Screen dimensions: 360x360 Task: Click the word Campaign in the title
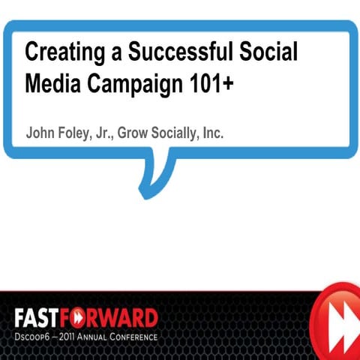(132, 86)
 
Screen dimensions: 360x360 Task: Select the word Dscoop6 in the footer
(33, 337)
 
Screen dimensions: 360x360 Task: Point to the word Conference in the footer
(140, 337)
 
